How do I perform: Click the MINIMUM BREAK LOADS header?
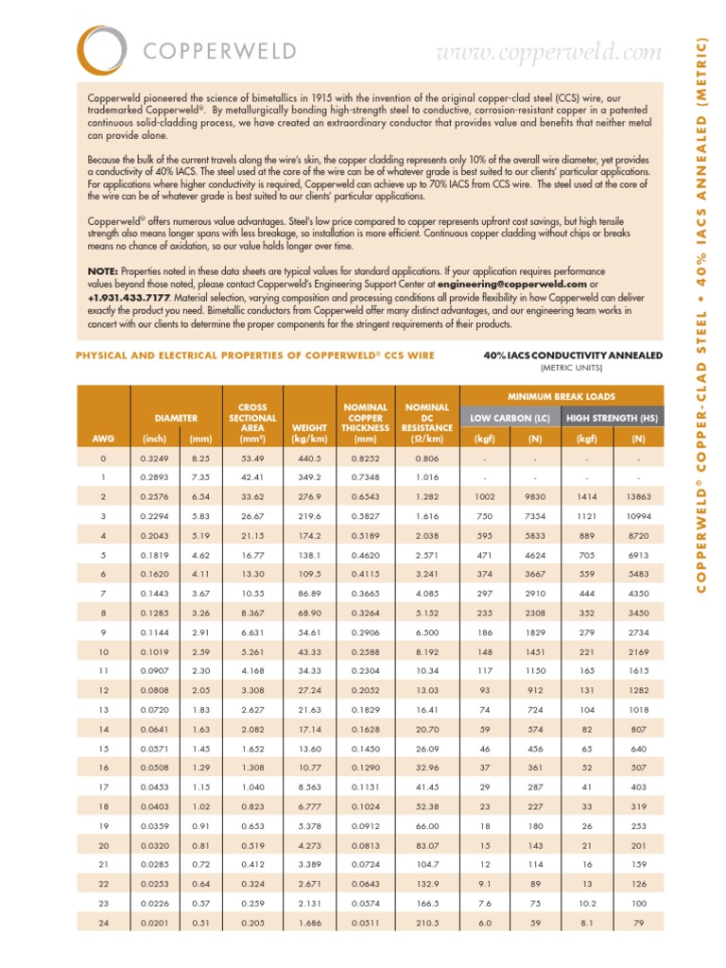pos(561,395)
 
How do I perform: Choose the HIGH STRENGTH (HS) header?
pos(613,417)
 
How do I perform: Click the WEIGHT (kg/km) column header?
pos(310,432)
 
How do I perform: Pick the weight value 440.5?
pos(310,458)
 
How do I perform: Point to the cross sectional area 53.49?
pos(252,458)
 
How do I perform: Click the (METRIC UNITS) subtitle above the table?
pos(572,367)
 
